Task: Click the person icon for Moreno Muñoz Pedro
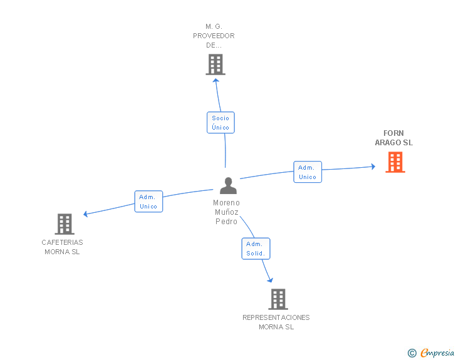click(x=228, y=186)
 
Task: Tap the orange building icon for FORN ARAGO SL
click(x=395, y=162)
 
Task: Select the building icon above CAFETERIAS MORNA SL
click(x=65, y=224)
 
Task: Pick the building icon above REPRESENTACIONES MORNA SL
click(x=278, y=299)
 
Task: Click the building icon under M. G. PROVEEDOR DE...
click(x=215, y=64)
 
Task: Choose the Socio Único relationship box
click(x=220, y=123)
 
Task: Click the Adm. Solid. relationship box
click(x=256, y=249)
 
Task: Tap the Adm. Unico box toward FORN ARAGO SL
click(x=308, y=172)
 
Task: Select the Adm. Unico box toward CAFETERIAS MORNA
click(x=148, y=202)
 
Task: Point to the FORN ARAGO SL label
click(x=394, y=138)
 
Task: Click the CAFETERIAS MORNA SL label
click(x=62, y=247)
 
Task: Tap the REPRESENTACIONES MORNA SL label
click(x=276, y=322)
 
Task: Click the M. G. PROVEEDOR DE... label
click(x=214, y=36)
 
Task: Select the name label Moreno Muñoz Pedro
click(x=226, y=212)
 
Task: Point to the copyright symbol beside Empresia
click(x=412, y=353)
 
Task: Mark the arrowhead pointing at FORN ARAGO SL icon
click(x=373, y=167)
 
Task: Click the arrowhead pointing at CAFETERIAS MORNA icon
click(x=86, y=214)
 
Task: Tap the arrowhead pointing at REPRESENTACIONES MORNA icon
click(x=270, y=279)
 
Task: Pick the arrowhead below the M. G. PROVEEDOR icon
click(x=216, y=80)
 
